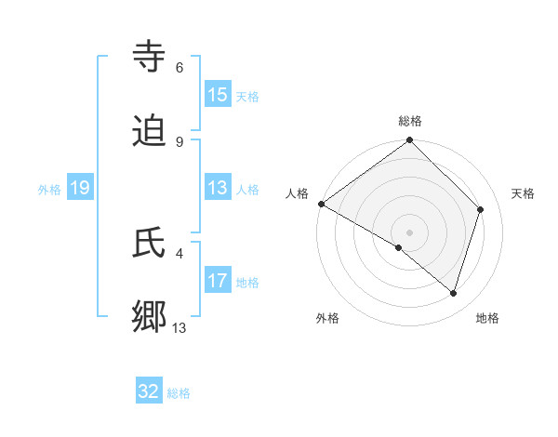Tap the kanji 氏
pyautogui.click(x=150, y=243)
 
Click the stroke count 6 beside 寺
pyautogui.click(x=179, y=67)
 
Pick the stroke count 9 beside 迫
pyautogui.click(x=179, y=141)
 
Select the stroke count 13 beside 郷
pyautogui.click(x=179, y=327)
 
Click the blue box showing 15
pyautogui.click(x=218, y=95)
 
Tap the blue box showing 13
pyautogui.click(x=218, y=188)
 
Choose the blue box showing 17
pyautogui.click(x=218, y=281)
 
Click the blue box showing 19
pyautogui.click(x=80, y=188)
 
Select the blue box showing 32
pyautogui.click(x=149, y=391)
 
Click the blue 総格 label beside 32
pyautogui.click(x=179, y=393)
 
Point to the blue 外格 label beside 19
pyautogui.click(x=49, y=190)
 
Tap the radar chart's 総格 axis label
pyautogui.click(x=410, y=121)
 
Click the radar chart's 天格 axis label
pyautogui.click(x=523, y=193)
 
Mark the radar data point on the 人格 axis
pyautogui.click(x=321, y=204)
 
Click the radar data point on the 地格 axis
pyautogui.click(x=454, y=294)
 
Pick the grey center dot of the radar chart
pyautogui.click(x=410, y=232)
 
